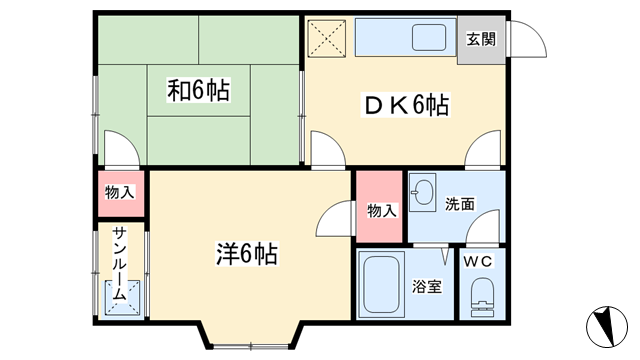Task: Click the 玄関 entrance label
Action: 481,40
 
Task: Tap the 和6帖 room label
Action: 198,90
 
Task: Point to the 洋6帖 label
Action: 247,253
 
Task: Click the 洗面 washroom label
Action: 460,204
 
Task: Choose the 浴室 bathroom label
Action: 427,286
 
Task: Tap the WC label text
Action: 478,262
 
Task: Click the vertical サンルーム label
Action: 120,264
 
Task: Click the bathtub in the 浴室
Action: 381,284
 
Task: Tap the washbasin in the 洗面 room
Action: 422,192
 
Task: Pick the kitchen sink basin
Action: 429,38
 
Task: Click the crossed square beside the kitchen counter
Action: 327,38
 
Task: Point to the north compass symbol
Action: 607,327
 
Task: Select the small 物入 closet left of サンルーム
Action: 121,194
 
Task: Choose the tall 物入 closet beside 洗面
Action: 380,206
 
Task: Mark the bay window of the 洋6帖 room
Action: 251,336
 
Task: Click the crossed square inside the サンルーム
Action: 123,298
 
